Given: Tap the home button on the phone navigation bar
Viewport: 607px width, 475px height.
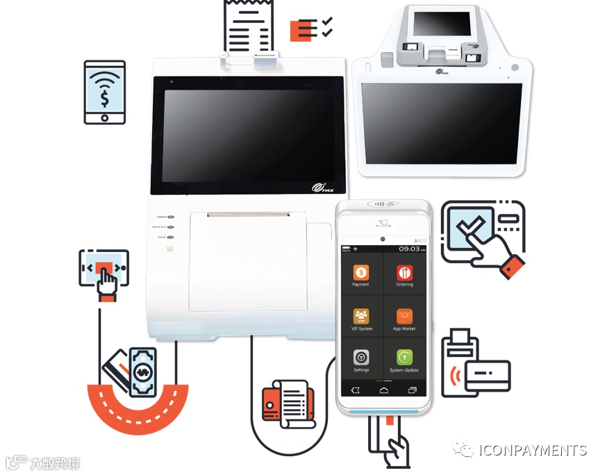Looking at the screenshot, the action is pyautogui.click(x=383, y=390).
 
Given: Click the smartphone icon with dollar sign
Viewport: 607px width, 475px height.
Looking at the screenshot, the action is pyautogui.click(x=104, y=92).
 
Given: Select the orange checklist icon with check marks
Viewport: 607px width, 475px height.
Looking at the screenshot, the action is pyautogui.click(x=310, y=28).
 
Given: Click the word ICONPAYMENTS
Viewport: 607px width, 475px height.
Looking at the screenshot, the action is pyautogui.click(x=532, y=450).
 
